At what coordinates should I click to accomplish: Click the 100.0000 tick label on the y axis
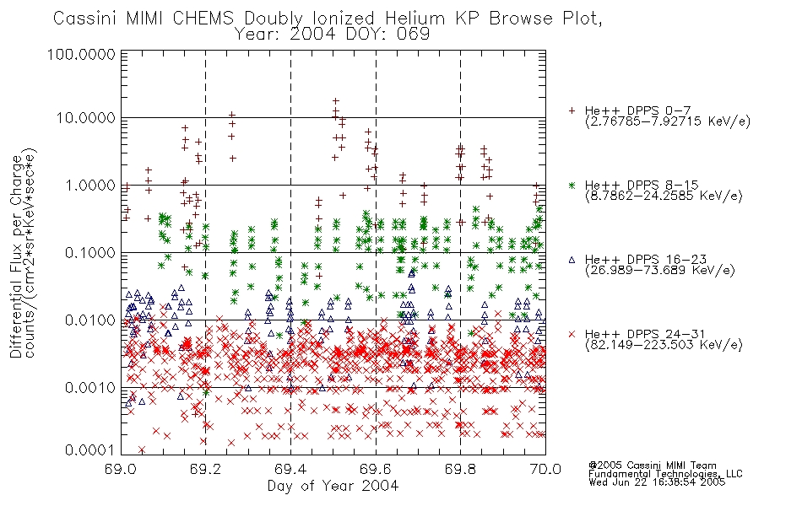[x=81, y=54]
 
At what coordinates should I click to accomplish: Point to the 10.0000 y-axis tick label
[x=86, y=118]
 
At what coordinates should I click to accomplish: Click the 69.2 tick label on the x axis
[x=206, y=469]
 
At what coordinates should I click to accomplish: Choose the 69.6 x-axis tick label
[x=376, y=469]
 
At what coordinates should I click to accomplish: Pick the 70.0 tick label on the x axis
[x=545, y=469]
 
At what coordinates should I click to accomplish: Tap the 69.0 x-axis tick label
[x=121, y=469]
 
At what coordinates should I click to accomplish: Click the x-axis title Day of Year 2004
[x=333, y=486]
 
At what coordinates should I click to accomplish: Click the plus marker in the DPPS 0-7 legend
[x=572, y=110]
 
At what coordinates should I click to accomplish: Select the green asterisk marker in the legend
[x=572, y=185]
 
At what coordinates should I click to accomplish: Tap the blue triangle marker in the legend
[x=572, y=260]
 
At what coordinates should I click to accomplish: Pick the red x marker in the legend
[x=572, y=334]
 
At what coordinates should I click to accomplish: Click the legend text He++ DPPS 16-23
[x=647, y=260]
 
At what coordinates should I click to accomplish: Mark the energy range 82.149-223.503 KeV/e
[x=664, y=345]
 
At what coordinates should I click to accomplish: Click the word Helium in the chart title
[x=415, y=19]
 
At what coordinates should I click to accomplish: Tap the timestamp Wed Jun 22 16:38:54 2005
[x=657, y=482]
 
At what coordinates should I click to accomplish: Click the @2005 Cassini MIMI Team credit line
[x=653, y=466]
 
